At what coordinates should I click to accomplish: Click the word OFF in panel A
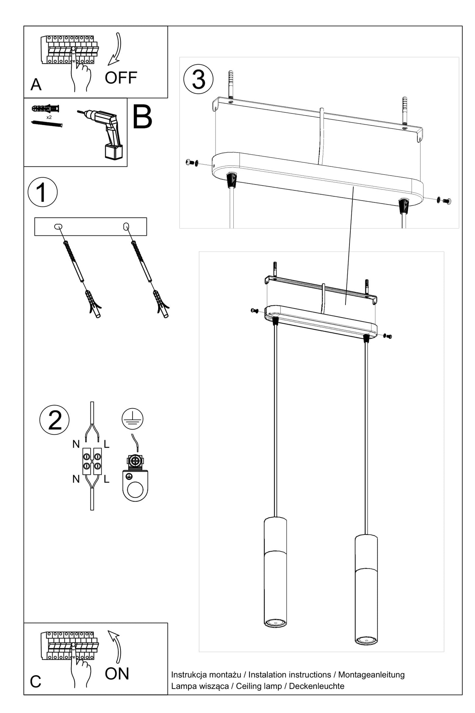coord(121,78)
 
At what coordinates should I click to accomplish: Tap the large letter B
coord(142,117)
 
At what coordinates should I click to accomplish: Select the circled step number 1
coord(42,192)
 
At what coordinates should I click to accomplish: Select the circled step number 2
coord(55,420)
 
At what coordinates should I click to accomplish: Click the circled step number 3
coord(198,79)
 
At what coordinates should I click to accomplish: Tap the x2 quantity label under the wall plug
coord(49,117)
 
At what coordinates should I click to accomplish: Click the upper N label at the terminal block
coord(76,444)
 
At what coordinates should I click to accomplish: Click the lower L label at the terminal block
coord(106,479)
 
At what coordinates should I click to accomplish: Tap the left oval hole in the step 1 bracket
coord(59,226)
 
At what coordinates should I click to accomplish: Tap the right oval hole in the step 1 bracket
coord(126,226)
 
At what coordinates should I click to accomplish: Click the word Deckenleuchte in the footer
coord(317,686)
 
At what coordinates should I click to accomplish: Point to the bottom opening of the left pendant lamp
coord(275,622)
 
